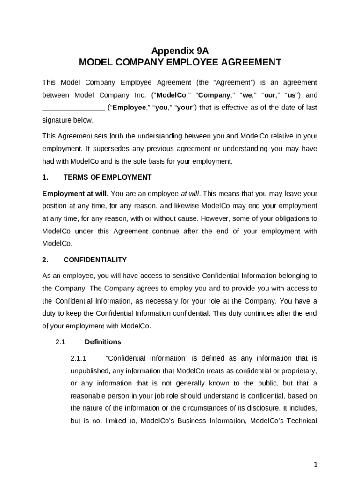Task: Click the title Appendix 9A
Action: coord(180,51)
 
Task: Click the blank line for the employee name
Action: coord(73,108)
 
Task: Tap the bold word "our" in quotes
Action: coord(269,95)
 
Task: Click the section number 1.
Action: coord(45,178)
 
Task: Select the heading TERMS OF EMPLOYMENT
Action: coord(108,178)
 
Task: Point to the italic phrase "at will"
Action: coord(190,194)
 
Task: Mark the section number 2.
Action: coord(45,260)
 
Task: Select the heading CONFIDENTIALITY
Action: coord(95,260)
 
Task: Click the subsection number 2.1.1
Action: coord(79,359)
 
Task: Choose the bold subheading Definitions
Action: coord(103,342)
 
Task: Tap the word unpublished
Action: coord(91,371)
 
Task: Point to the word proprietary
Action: coord(298,371)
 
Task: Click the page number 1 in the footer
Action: coord(316,464)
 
